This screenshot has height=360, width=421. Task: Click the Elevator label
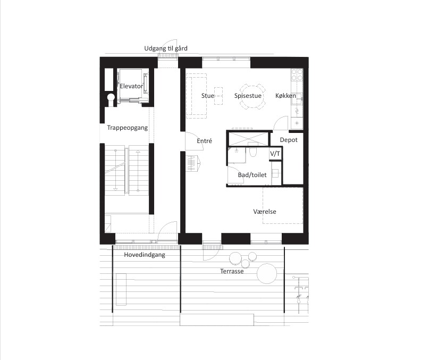coord(131,86)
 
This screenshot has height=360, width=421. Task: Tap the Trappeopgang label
coord(127,128)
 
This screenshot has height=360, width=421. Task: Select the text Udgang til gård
coord(166,48)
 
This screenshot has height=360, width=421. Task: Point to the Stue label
coord(207,96)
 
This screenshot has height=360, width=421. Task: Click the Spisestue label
coord(248,96)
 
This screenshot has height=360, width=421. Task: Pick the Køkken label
coord(285,96)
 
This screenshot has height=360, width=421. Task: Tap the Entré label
coord(204,141)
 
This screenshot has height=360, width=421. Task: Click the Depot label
coord(289,140)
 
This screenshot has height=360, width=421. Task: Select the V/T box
coord(275,153)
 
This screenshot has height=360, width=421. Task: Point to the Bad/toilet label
coord(252,175)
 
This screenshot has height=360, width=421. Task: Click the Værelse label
coord(265,212)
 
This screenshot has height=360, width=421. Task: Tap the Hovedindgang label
coord(145,255)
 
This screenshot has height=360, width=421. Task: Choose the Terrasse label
coord(232,271)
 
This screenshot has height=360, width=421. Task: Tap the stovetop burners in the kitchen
coord(297,74)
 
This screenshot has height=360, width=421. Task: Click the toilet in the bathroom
coord(252,152)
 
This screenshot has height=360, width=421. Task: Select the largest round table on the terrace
coord(267,273)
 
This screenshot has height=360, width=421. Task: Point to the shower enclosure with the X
coord(248,139)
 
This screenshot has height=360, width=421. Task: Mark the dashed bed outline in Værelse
coord(283,205)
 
